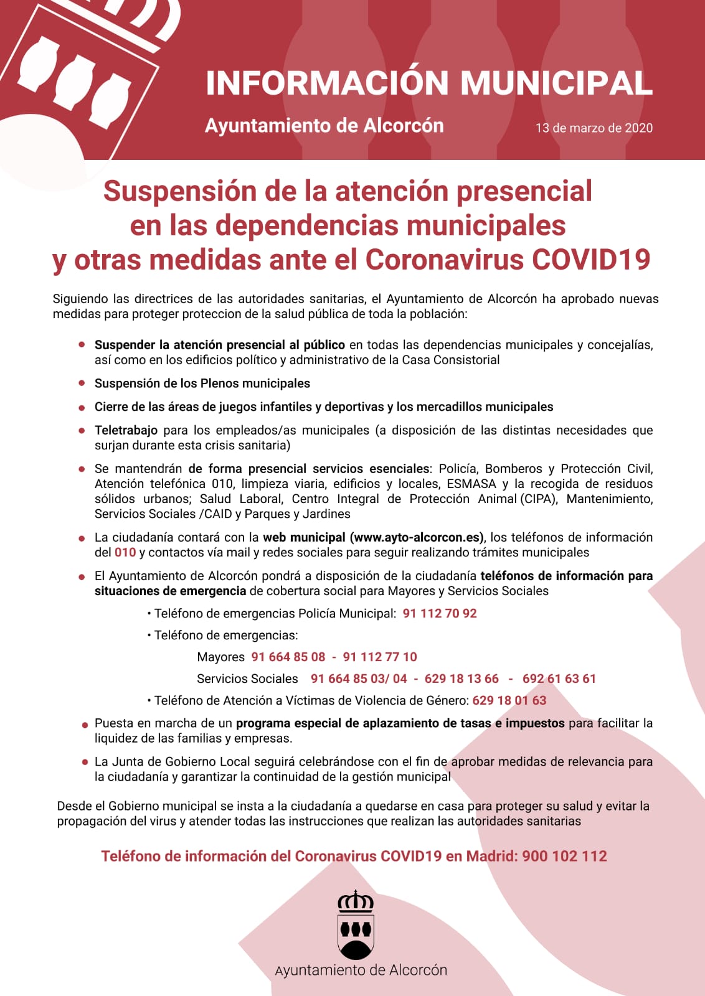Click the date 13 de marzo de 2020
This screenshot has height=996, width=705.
click(594, 128)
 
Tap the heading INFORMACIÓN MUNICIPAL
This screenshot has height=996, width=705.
click(429, 83)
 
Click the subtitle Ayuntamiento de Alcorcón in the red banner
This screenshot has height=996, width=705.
click(324, 126)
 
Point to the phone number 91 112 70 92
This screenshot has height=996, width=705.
click(440, 613)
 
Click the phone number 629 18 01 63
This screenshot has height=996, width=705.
click(509, 700)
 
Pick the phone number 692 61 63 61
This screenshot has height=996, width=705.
click(559, 679)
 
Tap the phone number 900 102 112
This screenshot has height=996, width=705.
click(564, 856)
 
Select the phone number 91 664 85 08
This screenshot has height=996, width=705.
click(288, 657)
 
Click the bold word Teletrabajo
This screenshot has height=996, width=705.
click(126, 430)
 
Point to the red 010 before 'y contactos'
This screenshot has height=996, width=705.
click(125, 552)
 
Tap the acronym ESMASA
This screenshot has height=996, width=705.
click(471, 484)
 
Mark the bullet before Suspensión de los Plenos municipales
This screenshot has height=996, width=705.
click(82, 383)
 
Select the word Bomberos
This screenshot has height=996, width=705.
click(513, 469)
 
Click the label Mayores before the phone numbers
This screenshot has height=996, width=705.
click(220, 657)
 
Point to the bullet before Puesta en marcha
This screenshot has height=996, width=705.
click(85, 725)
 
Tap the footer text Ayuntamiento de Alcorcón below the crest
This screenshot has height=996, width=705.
click(361, 970)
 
